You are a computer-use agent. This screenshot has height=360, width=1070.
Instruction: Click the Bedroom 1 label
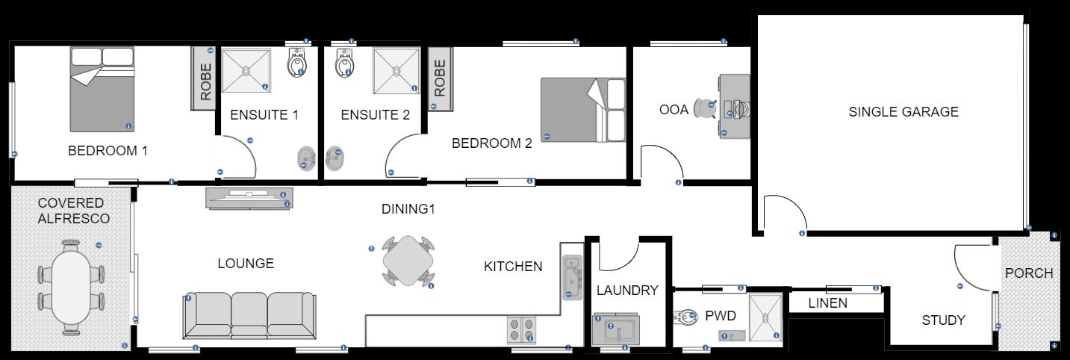[108, 151]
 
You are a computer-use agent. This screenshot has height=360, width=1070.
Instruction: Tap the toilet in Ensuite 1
[296, 64]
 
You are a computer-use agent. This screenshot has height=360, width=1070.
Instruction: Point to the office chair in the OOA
[705, 109]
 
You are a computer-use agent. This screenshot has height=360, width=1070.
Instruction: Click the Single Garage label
[903, 112]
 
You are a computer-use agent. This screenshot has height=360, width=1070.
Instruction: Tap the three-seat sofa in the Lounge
[248, 315]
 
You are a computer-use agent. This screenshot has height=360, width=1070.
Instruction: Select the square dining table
[408, 261]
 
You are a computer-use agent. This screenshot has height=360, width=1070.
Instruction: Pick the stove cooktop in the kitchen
[522, 330]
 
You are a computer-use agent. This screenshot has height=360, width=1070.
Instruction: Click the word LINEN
[828, 303]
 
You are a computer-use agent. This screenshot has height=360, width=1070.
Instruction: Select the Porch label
[1028, 273]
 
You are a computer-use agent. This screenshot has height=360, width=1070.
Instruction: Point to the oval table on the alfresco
[71, 286]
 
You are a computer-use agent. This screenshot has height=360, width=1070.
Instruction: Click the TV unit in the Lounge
[249, 198]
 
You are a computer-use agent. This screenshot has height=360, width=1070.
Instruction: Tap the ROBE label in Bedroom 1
[205, 81]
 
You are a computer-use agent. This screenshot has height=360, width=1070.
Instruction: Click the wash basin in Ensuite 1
[305, 158]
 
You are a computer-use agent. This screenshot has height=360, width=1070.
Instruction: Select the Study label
[943, 320]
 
